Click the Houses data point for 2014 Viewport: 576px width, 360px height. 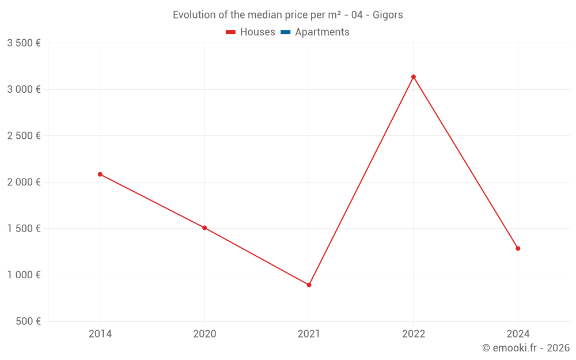(x=100, y=174)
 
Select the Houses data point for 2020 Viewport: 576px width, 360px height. (x=204, y=228)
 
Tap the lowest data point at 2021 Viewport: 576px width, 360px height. (x=309, y=285)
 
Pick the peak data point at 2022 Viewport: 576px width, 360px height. (x=414, y=77)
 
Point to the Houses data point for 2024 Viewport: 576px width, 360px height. (x=518, y=248)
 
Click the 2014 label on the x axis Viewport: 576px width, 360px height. (x=100, y=334)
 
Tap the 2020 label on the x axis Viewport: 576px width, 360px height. (x=204, y=334)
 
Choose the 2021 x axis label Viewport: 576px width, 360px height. (x=309, y=334)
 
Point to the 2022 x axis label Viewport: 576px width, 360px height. (x=414, y=334)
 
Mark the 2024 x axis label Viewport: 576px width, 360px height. (x=518, y=334)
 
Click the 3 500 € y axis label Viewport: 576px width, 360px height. (x=24, y=43)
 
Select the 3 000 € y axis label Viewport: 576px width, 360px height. (x=24, y=89)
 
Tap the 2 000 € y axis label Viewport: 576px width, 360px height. (x=24, y=182)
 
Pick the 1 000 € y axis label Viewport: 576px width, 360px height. (x=24, y=275)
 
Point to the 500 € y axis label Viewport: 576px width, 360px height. (x=28, y=321)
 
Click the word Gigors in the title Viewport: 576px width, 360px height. (x=387, y=15)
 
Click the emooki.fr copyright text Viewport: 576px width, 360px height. (x=526, y=348)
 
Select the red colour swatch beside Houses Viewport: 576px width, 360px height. (x=230, y=32)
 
